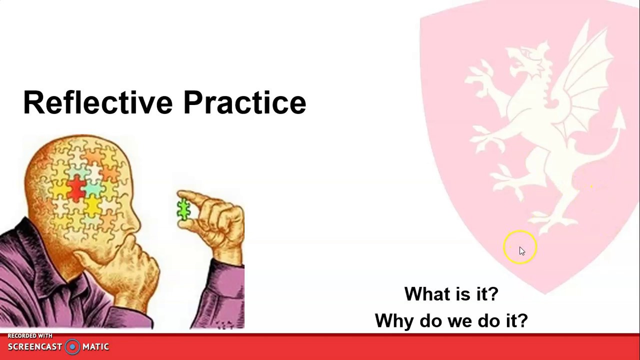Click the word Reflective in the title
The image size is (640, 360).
coord(97,103)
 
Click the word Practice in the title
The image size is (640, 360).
coord(244,103)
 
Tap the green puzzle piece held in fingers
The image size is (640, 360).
coord(183,210)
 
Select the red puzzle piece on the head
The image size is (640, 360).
coord(76,189)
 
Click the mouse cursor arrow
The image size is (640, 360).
coord(521,251)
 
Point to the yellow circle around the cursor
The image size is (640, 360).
coord(520,235)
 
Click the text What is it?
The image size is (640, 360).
coord(451,294)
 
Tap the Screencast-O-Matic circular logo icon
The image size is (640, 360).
coord(72,347)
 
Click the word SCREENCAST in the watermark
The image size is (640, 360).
coord(35,347)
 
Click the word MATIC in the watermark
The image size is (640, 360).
coord(95,347)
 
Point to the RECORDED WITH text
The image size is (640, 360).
coord(30,336)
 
